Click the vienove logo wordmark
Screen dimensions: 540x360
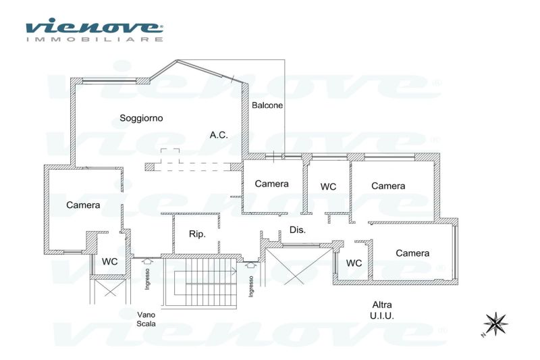[x=94, y=26]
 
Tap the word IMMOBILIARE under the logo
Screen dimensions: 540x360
[x=94, y=39]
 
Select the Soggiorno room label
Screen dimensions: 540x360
[x=141, y=118]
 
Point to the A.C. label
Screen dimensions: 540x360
[x=219, y=135]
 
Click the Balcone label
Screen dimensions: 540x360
[x=267, y=105]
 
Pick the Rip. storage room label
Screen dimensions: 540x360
[x=197, y=234]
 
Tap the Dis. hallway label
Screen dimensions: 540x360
[x=298, y=230]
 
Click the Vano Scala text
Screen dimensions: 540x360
[x=146, y=319]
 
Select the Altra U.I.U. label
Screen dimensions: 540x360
[x=382, y=310]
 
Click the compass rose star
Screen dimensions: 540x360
[x=495, y=324]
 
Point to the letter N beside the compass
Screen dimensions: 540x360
[x=483, y=335]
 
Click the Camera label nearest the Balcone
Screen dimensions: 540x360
[x=272, y=184]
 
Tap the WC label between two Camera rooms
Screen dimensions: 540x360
[x=328, y=186]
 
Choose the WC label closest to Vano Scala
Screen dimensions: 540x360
[x=110, y=262]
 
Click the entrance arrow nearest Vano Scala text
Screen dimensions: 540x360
[x=147, y=261]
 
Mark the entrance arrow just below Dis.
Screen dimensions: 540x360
[x=251, y=265]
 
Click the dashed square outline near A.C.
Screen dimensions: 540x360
[x=170, y=156]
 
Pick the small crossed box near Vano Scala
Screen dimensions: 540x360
[x=110, y=288]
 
